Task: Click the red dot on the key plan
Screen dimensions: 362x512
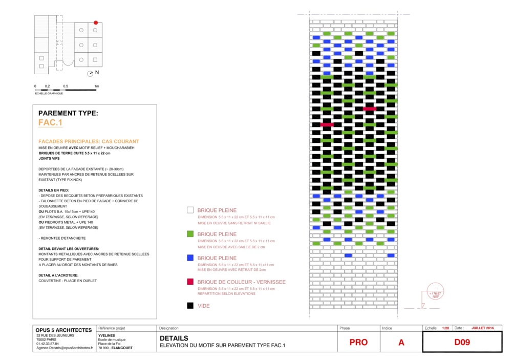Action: (x=95, y=23)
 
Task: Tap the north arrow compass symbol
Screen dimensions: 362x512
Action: (x=91, y=73)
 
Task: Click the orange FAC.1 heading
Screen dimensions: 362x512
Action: (x=50, y=123)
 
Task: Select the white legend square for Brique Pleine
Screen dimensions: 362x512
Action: (x=190, y=210)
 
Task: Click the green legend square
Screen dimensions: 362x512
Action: (x=190, y=234)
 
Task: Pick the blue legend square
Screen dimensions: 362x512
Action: (x=190, y=258)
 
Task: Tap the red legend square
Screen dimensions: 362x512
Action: (x=190, y=282)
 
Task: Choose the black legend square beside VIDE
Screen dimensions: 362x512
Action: (x=190, y=306)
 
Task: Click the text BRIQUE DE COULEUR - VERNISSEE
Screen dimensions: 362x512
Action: (x=241, y=282)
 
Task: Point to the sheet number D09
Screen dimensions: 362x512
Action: (x=462, y=343)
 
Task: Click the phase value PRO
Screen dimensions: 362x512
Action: (x=358, y=343)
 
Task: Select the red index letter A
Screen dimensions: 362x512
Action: (x=401, y=343)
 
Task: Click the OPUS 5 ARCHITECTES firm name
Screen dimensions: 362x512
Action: (x=63, y=330)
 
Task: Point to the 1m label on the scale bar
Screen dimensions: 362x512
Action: (x=96, y=86)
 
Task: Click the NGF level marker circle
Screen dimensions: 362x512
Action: (x=436, y=291)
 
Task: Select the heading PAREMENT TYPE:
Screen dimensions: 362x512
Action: (x=68, y=113)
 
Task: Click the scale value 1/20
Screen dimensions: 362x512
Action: (x=445, y=328)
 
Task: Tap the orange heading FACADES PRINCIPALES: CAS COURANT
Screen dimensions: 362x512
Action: (x=89, y=141)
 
